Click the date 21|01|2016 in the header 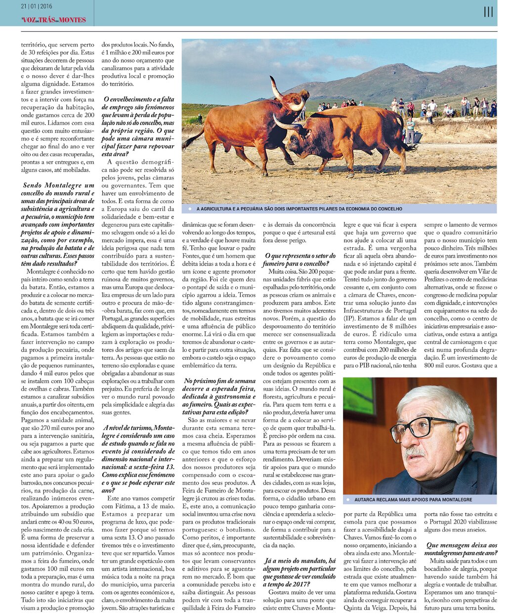coord(37,6)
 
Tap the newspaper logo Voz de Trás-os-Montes coord(54,20)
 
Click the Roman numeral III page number coord(488,12)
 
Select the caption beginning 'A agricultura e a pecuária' coord(299,209)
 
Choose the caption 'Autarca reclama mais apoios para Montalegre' coord(413,499)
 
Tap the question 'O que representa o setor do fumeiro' coord(299,259)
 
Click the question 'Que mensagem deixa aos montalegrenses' coord(461,549)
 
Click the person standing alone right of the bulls coord(410,130)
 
